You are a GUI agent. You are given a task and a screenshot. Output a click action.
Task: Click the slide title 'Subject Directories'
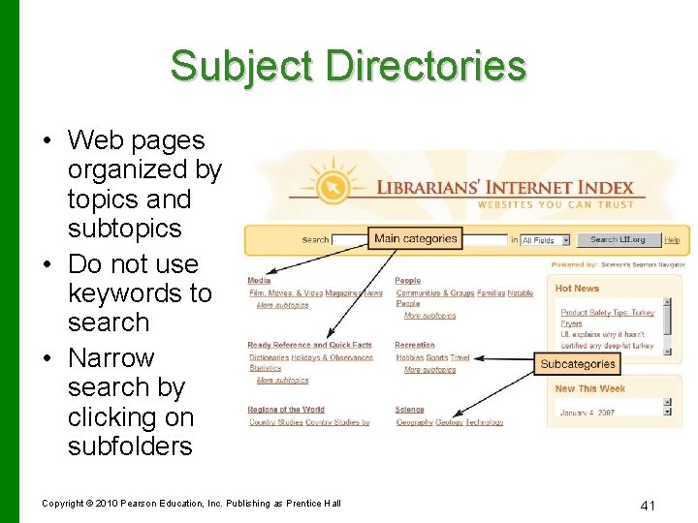348,67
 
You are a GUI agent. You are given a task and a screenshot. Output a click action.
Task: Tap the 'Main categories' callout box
415,238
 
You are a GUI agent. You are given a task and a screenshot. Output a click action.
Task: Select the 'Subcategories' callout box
578,364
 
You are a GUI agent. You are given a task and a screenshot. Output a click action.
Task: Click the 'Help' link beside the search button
672,240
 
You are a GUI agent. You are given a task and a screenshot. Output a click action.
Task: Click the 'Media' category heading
259,281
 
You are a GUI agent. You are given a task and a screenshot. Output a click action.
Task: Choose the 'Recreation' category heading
414,345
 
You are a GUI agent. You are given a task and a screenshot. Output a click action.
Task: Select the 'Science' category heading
409,410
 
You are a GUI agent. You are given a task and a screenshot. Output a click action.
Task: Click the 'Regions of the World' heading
286,410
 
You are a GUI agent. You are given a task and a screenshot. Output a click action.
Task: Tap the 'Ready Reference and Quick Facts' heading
309,345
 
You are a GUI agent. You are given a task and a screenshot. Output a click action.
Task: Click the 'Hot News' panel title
577,288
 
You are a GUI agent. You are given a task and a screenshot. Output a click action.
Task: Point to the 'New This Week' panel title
589,388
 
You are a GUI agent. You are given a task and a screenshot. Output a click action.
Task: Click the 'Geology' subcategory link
449,422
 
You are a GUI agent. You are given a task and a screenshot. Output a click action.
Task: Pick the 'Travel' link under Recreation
460,357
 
